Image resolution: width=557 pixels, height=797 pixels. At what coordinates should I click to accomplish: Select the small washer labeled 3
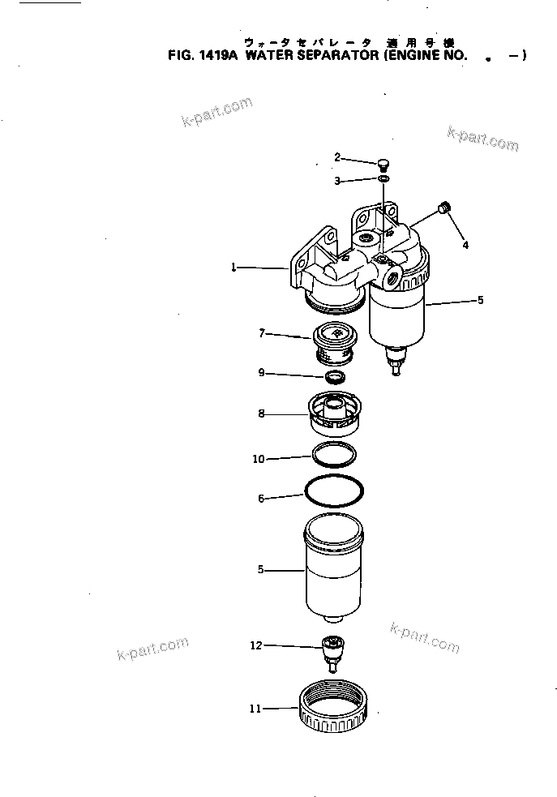(x=383, y=178)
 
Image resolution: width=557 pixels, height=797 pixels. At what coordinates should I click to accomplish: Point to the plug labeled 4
(x=443, y=210)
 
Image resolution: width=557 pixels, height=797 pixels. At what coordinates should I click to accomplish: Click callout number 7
(x=262, y=332)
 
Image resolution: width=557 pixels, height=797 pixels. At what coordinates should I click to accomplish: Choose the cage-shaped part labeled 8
(x=334, y=413)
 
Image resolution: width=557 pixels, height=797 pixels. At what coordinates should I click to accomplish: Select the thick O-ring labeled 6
(x=334, y=491)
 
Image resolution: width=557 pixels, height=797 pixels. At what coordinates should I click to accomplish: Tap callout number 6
(x=261, y=499)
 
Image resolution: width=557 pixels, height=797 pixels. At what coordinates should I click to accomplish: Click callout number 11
(x=255, y=708)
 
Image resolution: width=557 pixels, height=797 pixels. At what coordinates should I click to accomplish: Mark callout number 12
(x=256, y=645)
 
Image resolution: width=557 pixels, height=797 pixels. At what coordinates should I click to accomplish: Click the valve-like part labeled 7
(x=334, y=341)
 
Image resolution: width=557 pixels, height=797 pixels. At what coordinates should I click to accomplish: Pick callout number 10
(x=259, y=459)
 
